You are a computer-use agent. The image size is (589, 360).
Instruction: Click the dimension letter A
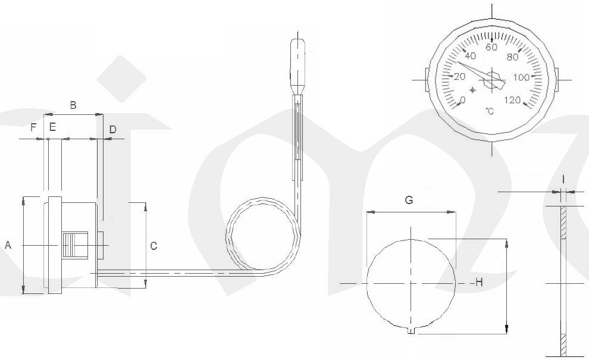tap(8, 245)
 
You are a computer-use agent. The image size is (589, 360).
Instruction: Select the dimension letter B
tap(73, 105)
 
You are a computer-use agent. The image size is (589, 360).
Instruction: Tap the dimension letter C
tap(153, 246)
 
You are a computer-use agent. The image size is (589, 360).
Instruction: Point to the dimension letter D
tap(112, 130)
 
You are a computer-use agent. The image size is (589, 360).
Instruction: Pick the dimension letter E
tap(52, 127)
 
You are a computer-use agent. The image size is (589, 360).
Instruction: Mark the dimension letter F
tap(33, 127)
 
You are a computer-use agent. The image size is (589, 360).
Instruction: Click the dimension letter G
tap(409, 200)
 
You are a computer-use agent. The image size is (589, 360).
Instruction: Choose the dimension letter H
tap(479, 282)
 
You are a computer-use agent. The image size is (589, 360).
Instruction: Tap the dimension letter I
tap(563, 180)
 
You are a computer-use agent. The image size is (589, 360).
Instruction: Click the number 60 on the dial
tap(491, 48)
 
